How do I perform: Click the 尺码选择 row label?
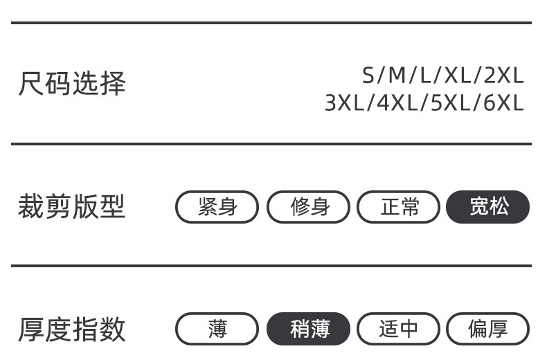[x=71, y=84]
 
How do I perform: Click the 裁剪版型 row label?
[x=71, y=206]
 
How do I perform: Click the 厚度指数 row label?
[x=71, y=329]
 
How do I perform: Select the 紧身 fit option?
[x=217, y=207]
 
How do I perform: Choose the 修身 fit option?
[x=309, y=207]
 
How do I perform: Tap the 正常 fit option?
[x=399, y=207]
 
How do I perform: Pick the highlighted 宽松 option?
[x=488, y=207]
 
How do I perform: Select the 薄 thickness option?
[x=217, y=329]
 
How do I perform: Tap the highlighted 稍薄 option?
[x=309, y=329]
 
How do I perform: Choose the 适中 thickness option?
[x=399, y=329]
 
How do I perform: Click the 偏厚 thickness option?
[x=488, y=329]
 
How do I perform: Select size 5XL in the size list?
[x=451, y=103]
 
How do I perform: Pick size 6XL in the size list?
[x=503, y=103]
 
